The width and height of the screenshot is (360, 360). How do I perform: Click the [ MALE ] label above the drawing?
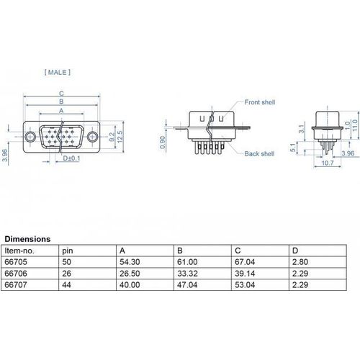pos(58,72)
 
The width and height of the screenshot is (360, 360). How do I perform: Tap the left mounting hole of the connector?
pos(30,137)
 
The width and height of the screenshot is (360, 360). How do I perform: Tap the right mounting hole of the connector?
pos(92,137)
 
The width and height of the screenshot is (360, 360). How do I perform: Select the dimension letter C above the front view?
pos(62,94)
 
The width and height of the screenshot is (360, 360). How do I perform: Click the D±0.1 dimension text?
pos(71,158)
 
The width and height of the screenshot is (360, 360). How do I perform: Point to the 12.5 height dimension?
pos(120,137)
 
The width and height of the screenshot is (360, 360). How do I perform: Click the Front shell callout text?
pos(260,102)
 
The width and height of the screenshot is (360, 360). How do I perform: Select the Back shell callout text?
pos(259,153)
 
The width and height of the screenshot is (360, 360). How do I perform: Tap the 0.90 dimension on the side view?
pos(163,142)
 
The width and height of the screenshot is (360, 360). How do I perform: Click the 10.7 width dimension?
pos(328,163)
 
